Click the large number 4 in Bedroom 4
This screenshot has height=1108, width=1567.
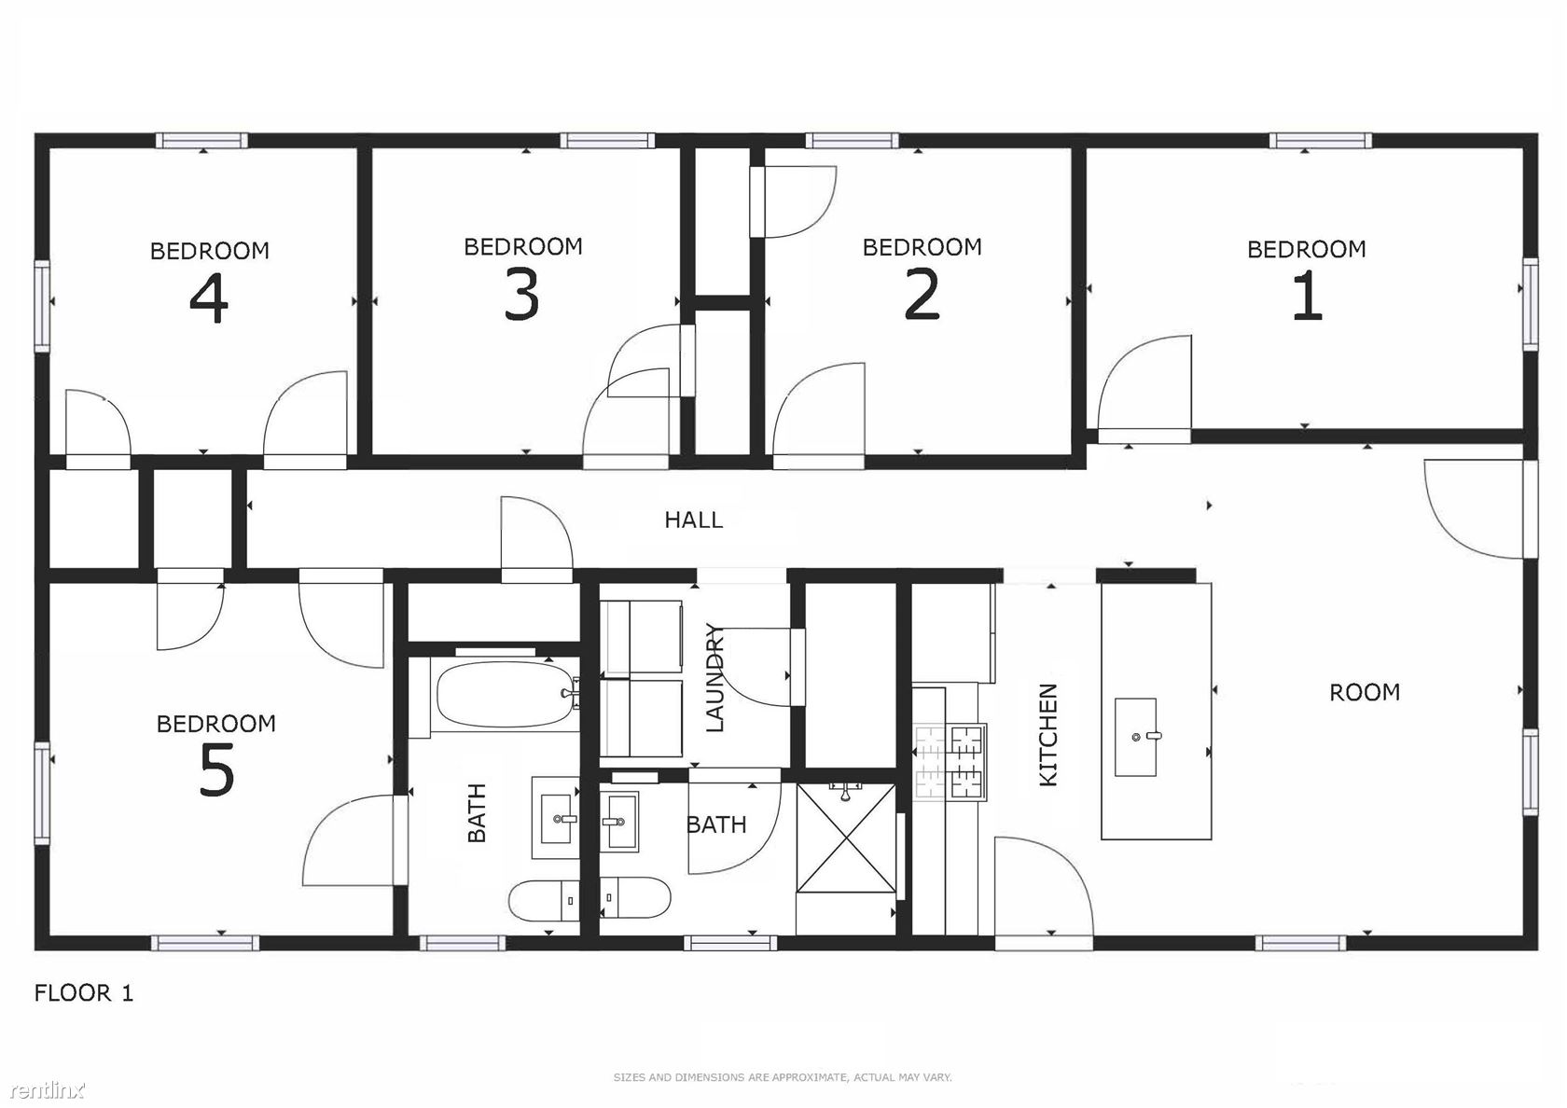coord(209,298)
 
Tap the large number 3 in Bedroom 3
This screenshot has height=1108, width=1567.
coord(522,295)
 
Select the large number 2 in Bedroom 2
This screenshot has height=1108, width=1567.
coord(922,295)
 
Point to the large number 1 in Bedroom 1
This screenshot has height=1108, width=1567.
coord(1306,296)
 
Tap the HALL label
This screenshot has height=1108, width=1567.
coord(693,519)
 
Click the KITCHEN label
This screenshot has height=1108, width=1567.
coord(1048,735)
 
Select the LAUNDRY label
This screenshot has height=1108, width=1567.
coord(714,678)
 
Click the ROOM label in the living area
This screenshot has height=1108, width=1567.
coord(1364,692)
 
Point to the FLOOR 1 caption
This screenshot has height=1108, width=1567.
coord(83,992)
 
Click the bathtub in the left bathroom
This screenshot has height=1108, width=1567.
coord(506,695)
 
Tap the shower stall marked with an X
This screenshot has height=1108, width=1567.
coord(846,838)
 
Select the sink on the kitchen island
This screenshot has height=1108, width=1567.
coord(1135,737)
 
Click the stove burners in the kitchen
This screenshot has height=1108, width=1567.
coord(950,763)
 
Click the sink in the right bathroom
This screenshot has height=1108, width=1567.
coord(618,821)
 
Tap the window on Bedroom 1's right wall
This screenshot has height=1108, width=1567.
coord(1531,304)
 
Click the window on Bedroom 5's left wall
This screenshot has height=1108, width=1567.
coord(43,793)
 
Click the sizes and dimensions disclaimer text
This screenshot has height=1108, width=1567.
coord(782,1077)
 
